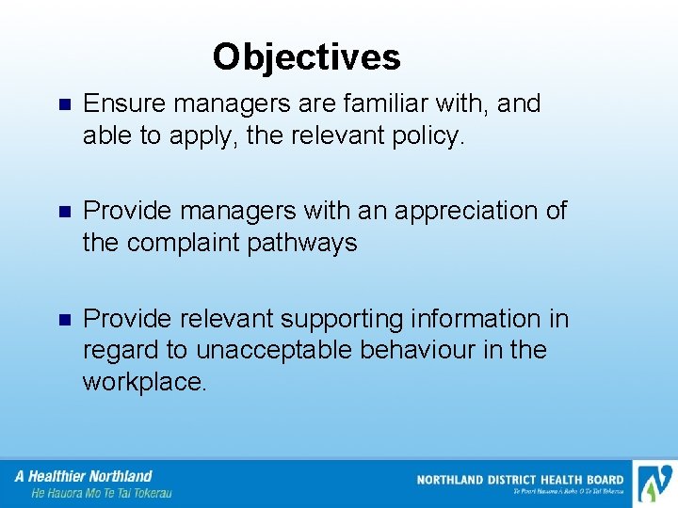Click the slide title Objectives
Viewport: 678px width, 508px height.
click(306, 57)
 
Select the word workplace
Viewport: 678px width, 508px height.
click(144, 383)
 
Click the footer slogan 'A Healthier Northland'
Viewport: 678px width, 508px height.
click(84, 476)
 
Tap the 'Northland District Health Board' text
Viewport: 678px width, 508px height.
click(520, 480)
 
